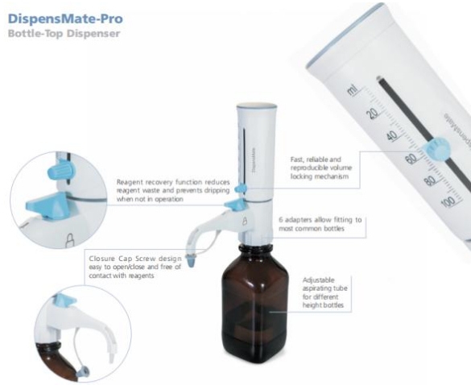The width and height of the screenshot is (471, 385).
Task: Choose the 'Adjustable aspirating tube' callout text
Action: (x=325, y=289)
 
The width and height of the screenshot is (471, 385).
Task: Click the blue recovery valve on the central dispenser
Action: (x=235, y=207)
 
